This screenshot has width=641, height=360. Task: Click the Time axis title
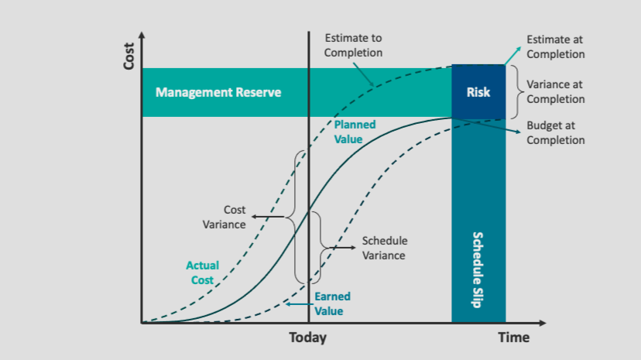click(x=513, y=338)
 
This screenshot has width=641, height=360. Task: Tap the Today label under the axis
click(x=308, y=338)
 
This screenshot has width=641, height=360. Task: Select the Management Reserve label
click(x=218, y=92)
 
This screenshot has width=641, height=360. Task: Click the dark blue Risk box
click(x=478, y=92)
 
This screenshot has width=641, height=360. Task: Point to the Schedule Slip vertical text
click(x=478, y=269)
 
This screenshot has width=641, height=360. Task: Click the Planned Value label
click(x=355, y=132)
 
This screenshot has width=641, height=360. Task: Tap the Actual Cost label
click(x=202, y=273)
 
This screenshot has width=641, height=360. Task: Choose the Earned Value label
click(x=332, y=303)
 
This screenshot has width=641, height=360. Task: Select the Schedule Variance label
click(x=385, y=248)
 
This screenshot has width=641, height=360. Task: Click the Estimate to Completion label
click(x=353, y=45)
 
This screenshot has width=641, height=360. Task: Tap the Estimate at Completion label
click(x=555, y=46)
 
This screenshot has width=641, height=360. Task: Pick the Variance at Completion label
click(x=555, y=92)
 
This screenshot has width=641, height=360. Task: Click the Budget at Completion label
click(x=555, y=132)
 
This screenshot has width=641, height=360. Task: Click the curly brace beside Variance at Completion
click(x=513, y=92)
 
